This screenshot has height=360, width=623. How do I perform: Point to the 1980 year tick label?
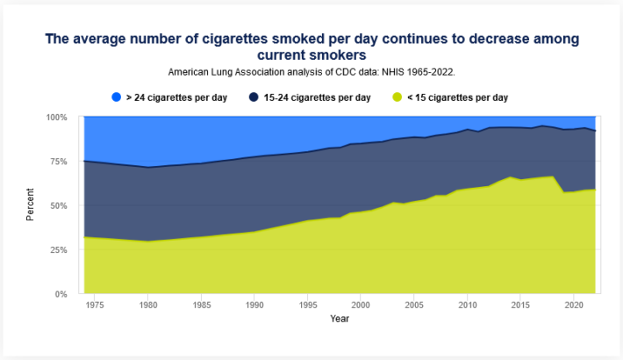point(147,305)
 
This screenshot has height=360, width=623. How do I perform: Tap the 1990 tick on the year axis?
point(254,305)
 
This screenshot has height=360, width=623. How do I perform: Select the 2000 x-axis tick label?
point(361,305)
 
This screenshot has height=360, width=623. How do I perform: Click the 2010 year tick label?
point(467,305)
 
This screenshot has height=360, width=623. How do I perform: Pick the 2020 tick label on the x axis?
point(573,305)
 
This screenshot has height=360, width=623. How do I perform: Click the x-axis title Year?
point(340,319)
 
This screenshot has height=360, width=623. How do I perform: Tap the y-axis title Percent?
point(31,205)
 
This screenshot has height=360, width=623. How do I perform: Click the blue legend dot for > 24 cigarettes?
point(116,97)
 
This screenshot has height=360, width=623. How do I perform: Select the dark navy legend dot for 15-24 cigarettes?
point(253,97)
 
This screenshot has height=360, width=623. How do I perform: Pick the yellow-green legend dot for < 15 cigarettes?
point(399,97)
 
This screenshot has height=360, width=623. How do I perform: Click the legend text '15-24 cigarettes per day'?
point(317,97)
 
